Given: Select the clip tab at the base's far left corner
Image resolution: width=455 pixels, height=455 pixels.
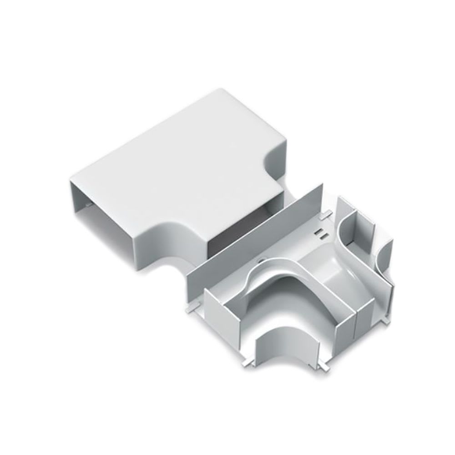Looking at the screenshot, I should click(x=188, y=309).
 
